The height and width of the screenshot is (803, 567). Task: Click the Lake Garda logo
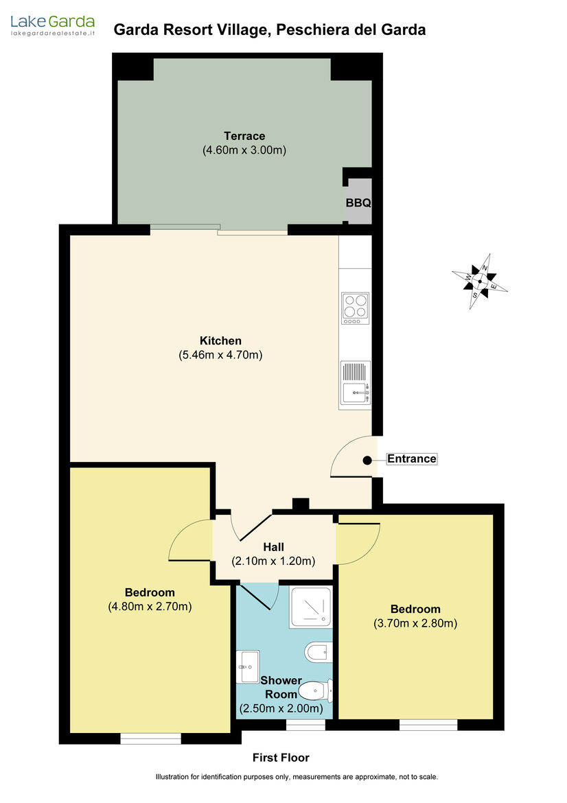[53, 25]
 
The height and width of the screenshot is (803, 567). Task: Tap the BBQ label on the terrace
[358, 202]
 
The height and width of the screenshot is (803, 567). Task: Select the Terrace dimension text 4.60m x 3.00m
[244, 150]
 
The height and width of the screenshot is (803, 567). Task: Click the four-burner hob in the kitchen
[356, 308]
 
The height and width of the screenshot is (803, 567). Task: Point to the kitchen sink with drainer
[356, 382]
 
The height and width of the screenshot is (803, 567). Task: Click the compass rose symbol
[480, 281]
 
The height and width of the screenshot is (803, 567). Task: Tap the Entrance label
[412, 459]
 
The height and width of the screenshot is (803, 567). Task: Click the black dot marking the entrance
[367, 461]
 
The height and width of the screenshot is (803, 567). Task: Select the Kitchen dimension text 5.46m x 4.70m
[220, 355]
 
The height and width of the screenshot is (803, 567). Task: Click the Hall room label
[273, 547]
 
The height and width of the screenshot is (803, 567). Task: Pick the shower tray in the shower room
[310, 607]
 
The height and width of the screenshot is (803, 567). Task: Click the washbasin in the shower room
[248, 667]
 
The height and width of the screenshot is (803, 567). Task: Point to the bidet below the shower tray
[319, 653]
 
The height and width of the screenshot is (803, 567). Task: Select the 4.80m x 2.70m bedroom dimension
[150, 607]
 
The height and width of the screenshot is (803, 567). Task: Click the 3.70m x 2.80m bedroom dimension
[415, 623]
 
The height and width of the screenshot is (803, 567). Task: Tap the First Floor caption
[281, 758]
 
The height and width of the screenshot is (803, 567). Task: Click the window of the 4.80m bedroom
[150, 738]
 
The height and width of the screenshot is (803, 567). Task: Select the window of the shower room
[305, 725]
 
